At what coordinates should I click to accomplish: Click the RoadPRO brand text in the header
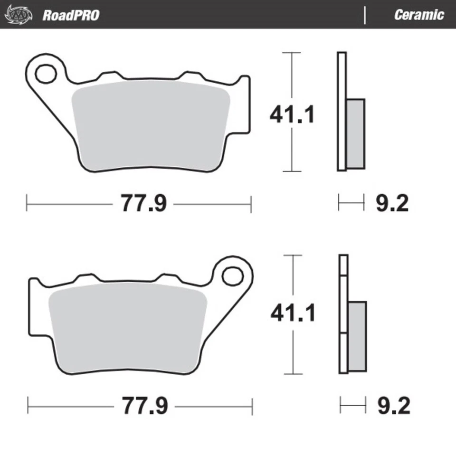[71, 15]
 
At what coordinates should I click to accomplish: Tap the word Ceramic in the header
[418, 15]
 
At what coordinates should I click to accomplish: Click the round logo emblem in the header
[19, 15]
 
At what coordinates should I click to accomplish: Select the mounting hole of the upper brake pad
[45, 74]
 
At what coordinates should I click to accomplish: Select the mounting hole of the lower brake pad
[232, 275]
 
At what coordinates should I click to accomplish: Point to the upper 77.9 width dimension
[143, 204]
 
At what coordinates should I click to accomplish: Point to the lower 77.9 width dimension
[145, 407]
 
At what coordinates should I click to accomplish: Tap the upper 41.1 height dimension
[292, 114]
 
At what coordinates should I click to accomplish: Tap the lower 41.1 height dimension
[293, 313]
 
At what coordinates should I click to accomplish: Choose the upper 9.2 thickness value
[392, 204]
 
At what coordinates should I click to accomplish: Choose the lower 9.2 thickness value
[393, 407]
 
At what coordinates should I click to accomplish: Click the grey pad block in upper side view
[355, 133]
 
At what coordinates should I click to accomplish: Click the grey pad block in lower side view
[357, 336]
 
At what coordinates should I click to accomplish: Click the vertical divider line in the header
[365, 15]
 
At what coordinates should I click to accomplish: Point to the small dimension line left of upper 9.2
[351, 202]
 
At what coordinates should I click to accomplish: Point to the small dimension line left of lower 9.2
[353, 405]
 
